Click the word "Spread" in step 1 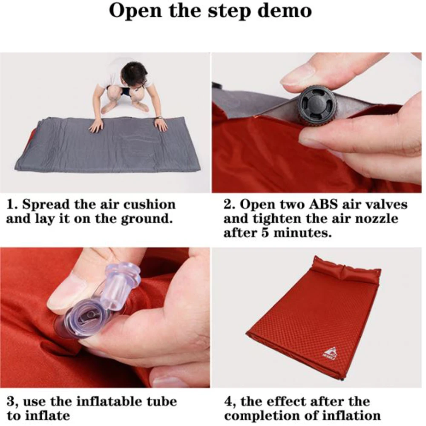(46, 204)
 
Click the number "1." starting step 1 (12, 204)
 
